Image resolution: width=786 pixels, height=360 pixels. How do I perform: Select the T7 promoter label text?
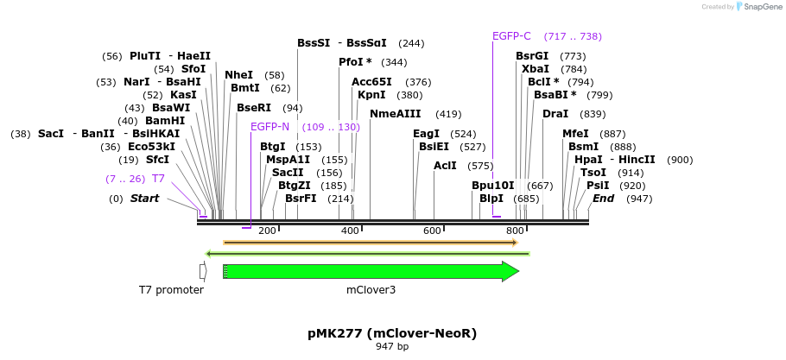pyautogui.click(x=171, y=290)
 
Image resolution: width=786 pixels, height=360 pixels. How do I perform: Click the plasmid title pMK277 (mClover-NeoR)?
pyautogui.click(x=392, y=332)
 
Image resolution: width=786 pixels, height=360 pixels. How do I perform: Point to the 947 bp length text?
pyautogui.click(x=392, y=346)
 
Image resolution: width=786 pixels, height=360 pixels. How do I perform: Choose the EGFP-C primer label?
pyautogui.click(x=511, y=36)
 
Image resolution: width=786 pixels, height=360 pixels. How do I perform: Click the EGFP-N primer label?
pyautogui.click(x=269, y=127)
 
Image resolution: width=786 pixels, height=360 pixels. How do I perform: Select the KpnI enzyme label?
pyautogui.click(x=371, y=95)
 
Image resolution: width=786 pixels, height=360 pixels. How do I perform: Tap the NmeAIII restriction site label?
pyautogui.click(x=395, y=114)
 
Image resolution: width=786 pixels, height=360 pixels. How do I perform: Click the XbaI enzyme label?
pyautogui.click(x=536, y=69)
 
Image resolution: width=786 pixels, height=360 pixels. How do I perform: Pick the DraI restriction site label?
pyautogui.click(x=555, y=114)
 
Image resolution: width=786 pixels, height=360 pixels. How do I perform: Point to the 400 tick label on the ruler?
pyautogui.click(x=350, y=231)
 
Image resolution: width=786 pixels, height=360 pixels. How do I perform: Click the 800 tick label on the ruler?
pyautogui.click(x=515, y=231)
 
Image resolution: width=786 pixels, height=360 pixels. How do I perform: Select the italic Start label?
pyautogui.click(x=145, y=199)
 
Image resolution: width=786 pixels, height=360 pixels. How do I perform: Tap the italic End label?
pyautogui.click(x=603, y=199)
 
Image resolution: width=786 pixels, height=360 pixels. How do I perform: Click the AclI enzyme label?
pyautogui.click(x=445, y=165)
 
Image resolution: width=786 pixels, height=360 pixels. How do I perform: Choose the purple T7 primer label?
pyautogui.click(x=158, y=179)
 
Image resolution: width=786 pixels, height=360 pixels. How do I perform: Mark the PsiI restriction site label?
pyautogui.click(x=598, y=186)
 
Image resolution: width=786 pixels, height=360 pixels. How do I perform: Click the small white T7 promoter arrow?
pyautogui.click(x=203, y=271)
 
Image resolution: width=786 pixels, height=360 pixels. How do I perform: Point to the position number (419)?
pyautogui.click(x=448, y=114)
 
